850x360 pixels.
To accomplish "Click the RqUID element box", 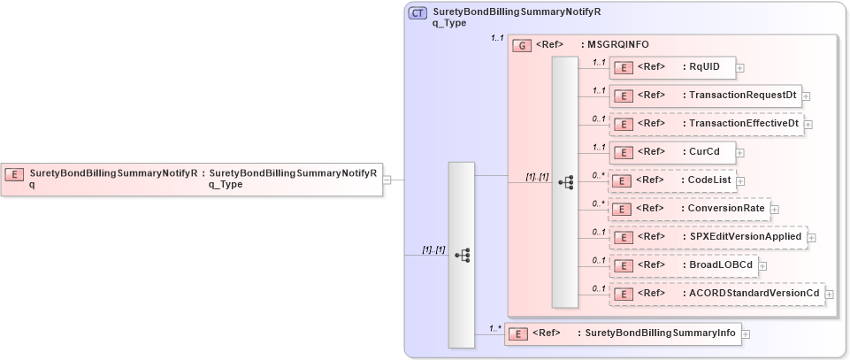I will point(672,67).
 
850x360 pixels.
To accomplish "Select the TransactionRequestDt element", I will point(704,96).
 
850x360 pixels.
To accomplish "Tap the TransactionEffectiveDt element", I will point(705,124).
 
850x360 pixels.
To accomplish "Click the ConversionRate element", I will point(689,209).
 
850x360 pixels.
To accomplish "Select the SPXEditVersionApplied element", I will point(707,236).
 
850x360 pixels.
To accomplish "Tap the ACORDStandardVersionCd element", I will point(716,293).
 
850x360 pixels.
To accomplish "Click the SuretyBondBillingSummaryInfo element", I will point(623,333).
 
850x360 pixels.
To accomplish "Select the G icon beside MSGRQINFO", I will point(523,44).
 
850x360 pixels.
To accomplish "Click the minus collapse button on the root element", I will point(387,180).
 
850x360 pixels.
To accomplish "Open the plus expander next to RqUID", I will point(739,67).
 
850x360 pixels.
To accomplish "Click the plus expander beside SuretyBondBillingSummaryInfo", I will point(746,334).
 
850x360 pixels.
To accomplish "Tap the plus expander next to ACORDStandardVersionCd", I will point(828,294).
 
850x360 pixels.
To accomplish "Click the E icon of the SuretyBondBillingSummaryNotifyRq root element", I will point(14,173).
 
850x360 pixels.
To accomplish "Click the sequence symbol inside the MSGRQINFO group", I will point(565,182).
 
